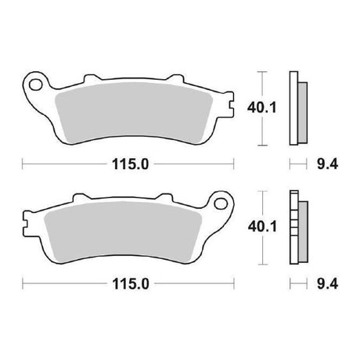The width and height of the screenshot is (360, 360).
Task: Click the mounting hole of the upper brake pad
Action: point(35,85)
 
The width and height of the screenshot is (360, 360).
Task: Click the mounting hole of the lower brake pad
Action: point(221,203)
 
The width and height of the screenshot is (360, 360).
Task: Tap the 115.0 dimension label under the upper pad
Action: point(130,164)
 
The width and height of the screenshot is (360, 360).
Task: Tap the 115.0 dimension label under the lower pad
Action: point(131,284)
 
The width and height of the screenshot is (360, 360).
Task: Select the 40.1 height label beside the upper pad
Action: point(261,108)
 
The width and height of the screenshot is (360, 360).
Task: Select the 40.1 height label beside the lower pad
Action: point(262,227)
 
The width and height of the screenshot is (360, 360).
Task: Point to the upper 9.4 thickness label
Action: point(328,164)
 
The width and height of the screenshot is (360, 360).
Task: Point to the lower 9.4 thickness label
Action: point(328,284)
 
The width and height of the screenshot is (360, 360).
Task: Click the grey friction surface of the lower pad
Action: point(123,232)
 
